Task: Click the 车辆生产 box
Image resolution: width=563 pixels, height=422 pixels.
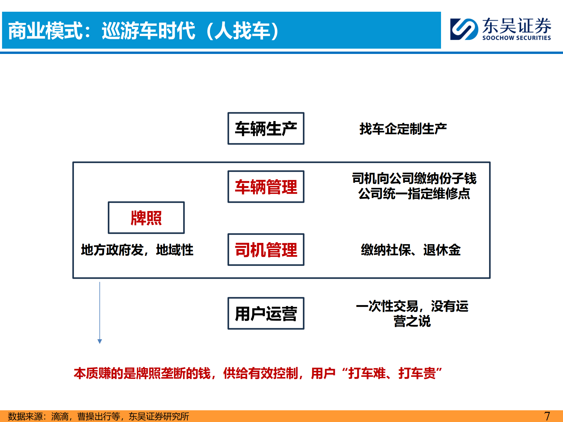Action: coord(266,128)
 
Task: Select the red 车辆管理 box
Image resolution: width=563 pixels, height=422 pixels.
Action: coord(266,187)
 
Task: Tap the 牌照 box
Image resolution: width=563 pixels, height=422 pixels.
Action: coord(146,218)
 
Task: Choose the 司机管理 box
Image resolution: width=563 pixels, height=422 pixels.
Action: coord(266,250)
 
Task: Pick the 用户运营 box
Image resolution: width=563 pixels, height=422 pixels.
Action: coord(266,313)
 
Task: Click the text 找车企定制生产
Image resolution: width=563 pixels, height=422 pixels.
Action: coord(403,129)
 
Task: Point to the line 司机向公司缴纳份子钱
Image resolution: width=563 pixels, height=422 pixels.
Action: coord(414,178)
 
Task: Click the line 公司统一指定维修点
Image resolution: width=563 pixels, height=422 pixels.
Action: coord(414,194)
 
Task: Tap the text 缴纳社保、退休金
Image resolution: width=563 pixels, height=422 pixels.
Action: coord(411,250)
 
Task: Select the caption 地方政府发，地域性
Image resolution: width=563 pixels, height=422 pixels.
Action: coord(137,250)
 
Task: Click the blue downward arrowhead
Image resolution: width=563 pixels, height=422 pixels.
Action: coord(100,341)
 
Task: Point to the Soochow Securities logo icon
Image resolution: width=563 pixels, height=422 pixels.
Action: coord(464,29)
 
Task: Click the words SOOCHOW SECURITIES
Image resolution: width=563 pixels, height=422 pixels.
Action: coord(516,38)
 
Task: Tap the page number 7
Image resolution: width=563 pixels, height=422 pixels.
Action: coord(547,416)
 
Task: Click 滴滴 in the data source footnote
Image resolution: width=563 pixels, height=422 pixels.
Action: coord(60,416)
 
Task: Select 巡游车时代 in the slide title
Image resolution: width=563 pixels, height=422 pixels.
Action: coord(148,31)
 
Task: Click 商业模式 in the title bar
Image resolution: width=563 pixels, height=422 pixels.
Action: coord(45,31)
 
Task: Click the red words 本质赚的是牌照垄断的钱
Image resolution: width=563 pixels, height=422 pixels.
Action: coord(142,373)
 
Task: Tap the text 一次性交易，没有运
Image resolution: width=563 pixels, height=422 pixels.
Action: coord(412,306)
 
